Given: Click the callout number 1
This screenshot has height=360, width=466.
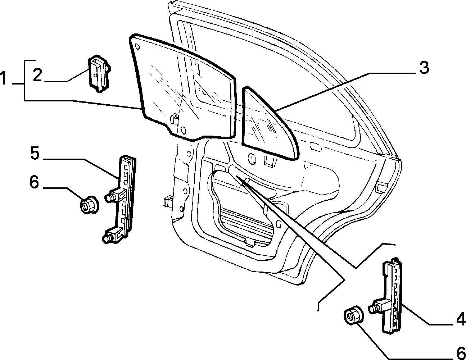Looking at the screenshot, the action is [x=3, y=78].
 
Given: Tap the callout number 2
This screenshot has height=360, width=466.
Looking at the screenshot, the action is [x=37, y=75].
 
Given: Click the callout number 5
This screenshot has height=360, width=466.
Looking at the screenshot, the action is [x=35, y=153].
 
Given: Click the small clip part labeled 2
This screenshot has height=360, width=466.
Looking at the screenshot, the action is [x=99, y=74].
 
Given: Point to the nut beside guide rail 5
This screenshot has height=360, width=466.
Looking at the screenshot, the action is [x=89, y=204].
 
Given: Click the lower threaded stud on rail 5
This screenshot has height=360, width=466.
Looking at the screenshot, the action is [x=107, y=238].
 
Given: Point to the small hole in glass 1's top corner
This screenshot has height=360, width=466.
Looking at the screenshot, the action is [x=138, y=47].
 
